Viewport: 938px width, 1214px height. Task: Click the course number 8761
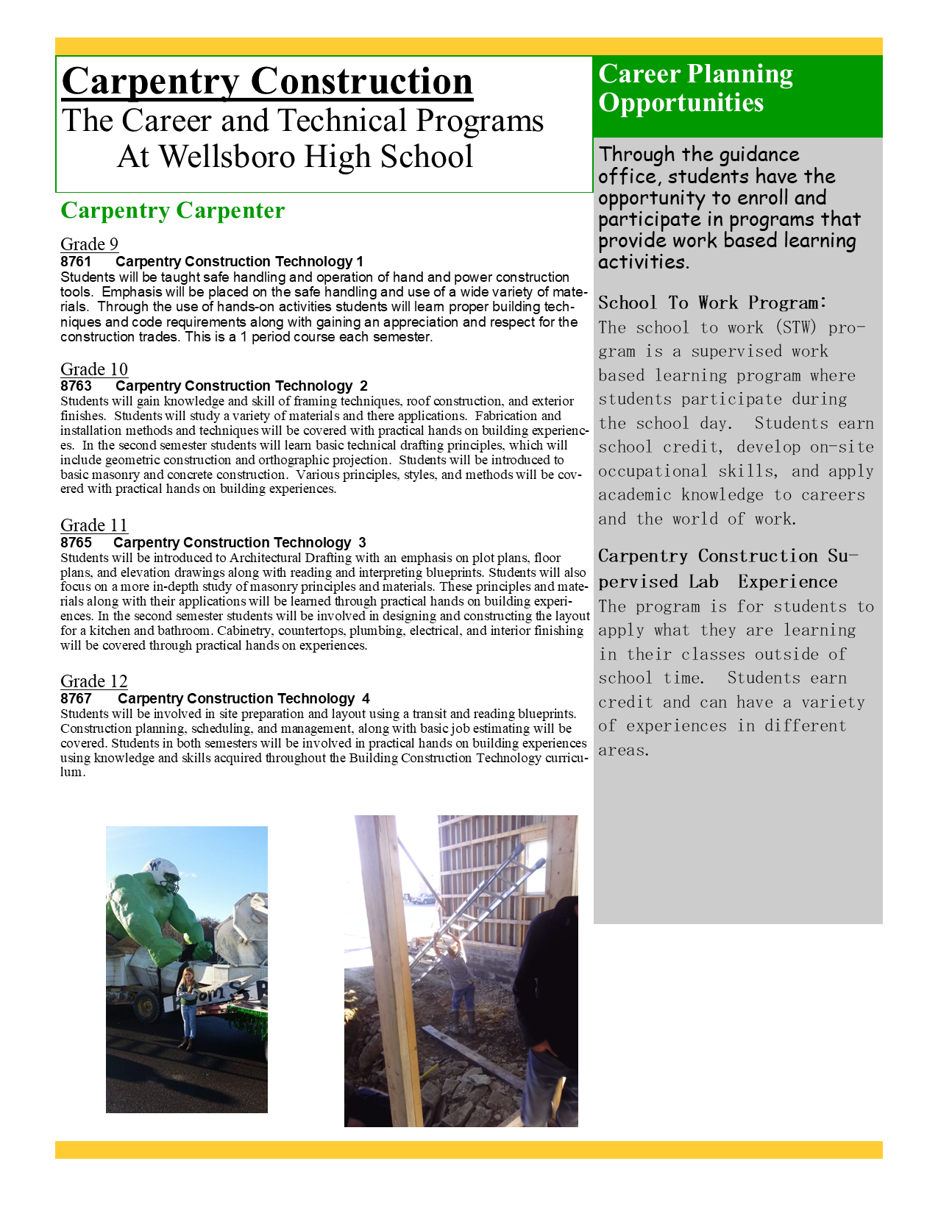(x=76, y=262)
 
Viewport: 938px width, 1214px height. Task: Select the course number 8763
(x=76, y=386)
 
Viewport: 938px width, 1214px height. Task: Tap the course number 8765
(x=76, y=543)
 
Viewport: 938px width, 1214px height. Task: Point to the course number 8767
(x=76, y=699)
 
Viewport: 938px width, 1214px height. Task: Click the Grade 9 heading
(x=89, y=244)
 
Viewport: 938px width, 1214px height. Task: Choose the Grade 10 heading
(x=94, y=369)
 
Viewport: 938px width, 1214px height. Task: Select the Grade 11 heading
(x=94, y=525)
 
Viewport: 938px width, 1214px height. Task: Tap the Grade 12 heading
(x=94, y=681)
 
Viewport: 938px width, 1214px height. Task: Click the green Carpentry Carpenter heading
(x=172, y=210)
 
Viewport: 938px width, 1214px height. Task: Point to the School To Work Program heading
(x=712, y=302)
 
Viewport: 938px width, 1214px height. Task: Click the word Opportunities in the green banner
(x=681, y=102)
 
